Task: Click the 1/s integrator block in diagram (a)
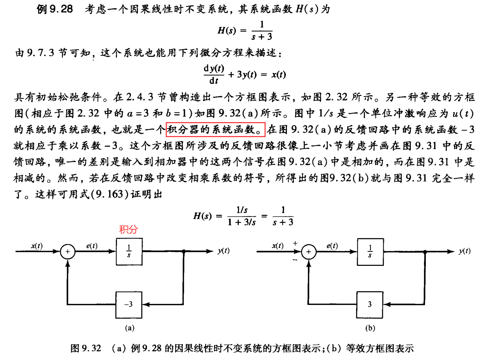click(x=129, y=252)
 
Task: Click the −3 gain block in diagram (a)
click(x=129, y=305)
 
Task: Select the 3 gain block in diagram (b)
click(x=370, y=305)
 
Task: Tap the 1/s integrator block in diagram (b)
click(x=370, y=252)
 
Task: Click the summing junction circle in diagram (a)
click(x=68, y=252)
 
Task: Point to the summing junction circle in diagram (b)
click(x=309, y=252)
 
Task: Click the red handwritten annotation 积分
click(x=128, y=229)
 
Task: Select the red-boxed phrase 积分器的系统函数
click(x=215, y=129)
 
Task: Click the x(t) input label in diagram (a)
click(x=37, y=246)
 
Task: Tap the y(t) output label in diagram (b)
click(x=465, y=251)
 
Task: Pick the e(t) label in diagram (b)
click(x=332, y=246)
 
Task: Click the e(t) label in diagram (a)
click(x=92, y=246)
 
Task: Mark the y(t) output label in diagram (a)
click(x=223, y=250)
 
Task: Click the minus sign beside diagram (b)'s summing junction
click(x=295, y=260)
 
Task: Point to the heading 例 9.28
click(x=55, y=9)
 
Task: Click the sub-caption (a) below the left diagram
click(x=129, y=328)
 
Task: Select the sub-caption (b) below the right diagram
click(x=370, y=328)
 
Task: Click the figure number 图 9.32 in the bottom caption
click(x=86, y=348)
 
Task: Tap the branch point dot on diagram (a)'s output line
click(x=184, y=251)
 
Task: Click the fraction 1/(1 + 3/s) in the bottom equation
click(x=242, y=216)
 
